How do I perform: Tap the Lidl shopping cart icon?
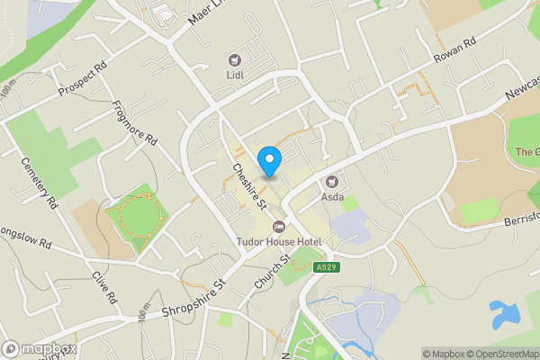[x=235, y=60]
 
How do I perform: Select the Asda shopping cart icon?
[x=331, y=180]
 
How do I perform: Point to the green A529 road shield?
[x=325, y=267]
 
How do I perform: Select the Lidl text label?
[x=235, y=76]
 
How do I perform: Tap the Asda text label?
[x=333, y=196]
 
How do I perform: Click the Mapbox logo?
[x=40, y=348]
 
